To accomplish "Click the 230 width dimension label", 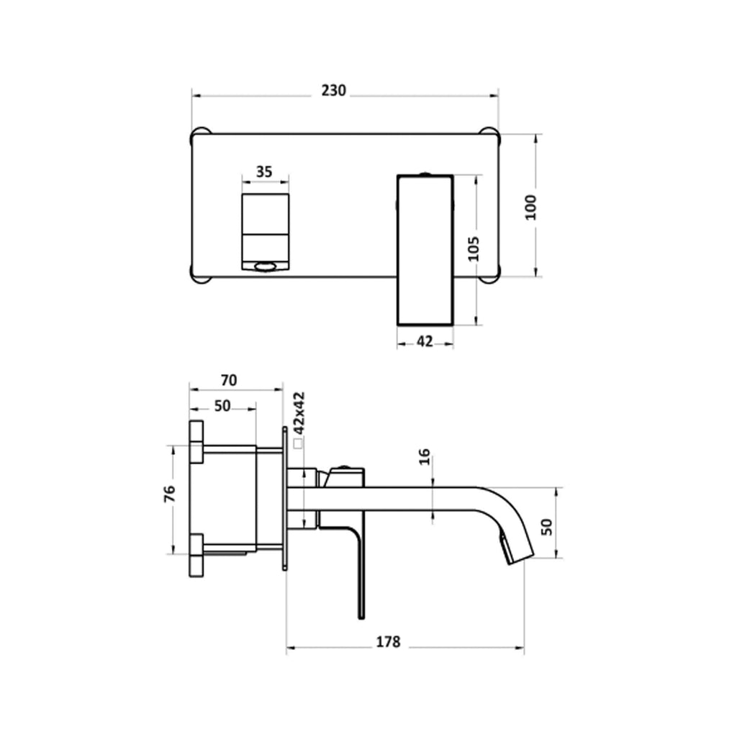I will point(334,91).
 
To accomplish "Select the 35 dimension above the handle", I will point(264,171).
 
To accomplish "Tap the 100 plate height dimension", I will point(531,207).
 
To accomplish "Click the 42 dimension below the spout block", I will point(425,342).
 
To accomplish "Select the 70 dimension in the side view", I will point(229,380).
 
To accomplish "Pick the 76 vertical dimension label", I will point(170,494).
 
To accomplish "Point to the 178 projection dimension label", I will point(388,642).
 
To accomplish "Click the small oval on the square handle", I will point(264,268).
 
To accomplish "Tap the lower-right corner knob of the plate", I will point(491,276).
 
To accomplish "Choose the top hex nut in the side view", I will point(196,441).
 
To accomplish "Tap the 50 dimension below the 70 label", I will point(222,406).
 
